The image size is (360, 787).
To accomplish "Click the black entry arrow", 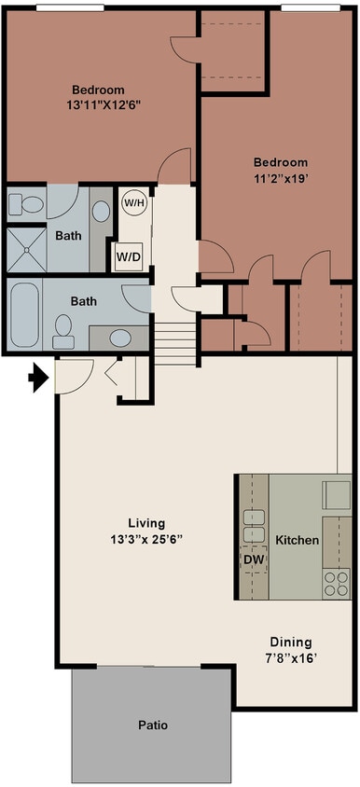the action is point(38,378).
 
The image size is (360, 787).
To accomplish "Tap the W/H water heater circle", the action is point(133,204).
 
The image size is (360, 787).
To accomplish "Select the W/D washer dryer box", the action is point(129,256).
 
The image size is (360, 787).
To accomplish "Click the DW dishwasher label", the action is point(255,559).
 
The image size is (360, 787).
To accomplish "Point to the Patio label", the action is point(153,725).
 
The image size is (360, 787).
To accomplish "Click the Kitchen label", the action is point(297,541).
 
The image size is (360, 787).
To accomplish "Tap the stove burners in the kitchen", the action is point(337,583).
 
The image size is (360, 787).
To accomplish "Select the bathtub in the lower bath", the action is point(24,315).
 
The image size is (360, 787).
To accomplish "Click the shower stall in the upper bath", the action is point(26,250).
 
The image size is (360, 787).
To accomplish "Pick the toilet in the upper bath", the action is point(26,204).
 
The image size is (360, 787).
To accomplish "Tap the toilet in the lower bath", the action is point(63,332).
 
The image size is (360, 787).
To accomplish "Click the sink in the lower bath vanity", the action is point(120,338).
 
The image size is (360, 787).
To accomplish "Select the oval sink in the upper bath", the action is point(102,212).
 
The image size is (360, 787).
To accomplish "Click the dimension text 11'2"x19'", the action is point(280,178).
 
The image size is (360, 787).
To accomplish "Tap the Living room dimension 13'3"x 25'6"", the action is point(146,540).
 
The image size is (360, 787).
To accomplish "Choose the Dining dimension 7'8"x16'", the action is point(291,659).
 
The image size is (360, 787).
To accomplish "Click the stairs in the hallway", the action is point(174,343).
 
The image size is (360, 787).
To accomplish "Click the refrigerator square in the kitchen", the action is point(336,495).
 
